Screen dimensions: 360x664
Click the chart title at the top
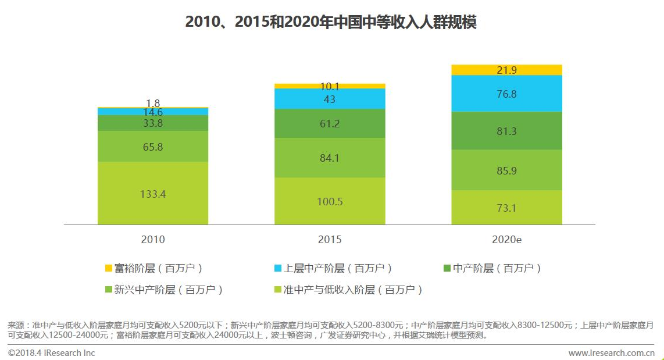click(x=331, y=22)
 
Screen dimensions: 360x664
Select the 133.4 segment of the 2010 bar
click(x=153, y=194)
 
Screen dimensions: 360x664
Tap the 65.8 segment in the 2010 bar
click(x=153, y=147)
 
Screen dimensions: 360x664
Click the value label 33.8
click(x=153, y=123)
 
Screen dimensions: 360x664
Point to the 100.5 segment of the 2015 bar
click(x=330, y=201)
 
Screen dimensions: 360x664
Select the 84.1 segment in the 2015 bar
click(x=330, y=158)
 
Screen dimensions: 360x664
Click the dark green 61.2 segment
click(x=330, y=123)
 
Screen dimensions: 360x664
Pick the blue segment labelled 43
click(x=330, y=99)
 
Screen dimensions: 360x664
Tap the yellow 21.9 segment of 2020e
click(x=506, y=70)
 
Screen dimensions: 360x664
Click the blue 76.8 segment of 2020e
click(x=506, y=94)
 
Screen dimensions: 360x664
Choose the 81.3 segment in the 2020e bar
click(x=506, y=131)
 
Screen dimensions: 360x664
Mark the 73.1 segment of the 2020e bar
click(x=506, y=208)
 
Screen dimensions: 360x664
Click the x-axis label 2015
click(x=330, y=240)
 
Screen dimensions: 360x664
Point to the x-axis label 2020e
click(x=506, y=240)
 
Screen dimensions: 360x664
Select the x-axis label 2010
click(x=153, y=240)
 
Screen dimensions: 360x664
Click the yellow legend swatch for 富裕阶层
click(x=108, y=269)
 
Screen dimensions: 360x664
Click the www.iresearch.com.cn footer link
click(x=611, y=353)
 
